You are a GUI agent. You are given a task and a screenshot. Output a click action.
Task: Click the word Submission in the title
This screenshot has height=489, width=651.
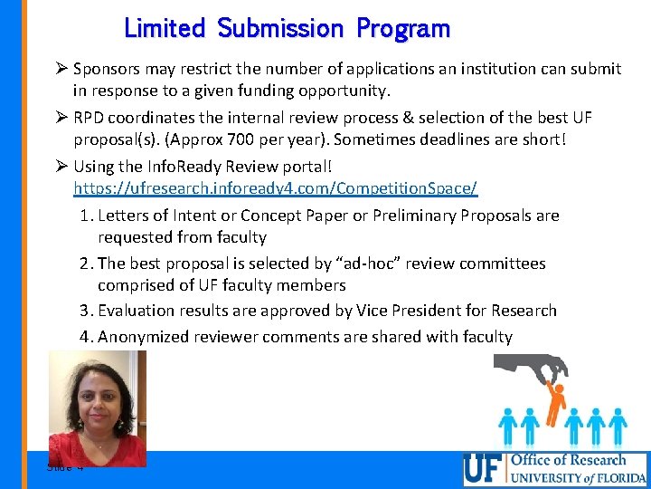(280, 29)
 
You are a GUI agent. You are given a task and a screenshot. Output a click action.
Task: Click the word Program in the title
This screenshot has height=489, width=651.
(403, 29)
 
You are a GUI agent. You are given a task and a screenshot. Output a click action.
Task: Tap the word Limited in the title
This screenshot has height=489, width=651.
(165, 28)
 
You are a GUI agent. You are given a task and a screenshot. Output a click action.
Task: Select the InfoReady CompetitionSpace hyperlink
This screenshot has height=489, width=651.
(275, 188)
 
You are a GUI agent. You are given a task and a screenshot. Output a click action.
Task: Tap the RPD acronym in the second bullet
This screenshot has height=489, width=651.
(88, 118)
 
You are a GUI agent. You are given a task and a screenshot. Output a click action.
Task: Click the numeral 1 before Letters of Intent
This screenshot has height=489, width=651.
(83, 216)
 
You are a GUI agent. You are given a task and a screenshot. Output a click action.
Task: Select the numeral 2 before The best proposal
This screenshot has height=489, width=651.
(83, 264)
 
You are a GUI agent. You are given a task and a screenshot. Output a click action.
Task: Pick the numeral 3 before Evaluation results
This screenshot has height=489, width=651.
(83, 311)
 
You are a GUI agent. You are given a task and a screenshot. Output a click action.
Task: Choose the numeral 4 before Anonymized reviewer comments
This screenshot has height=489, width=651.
(83, 337)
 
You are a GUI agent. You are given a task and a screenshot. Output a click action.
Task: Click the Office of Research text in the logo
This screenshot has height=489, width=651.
(568, 460)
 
